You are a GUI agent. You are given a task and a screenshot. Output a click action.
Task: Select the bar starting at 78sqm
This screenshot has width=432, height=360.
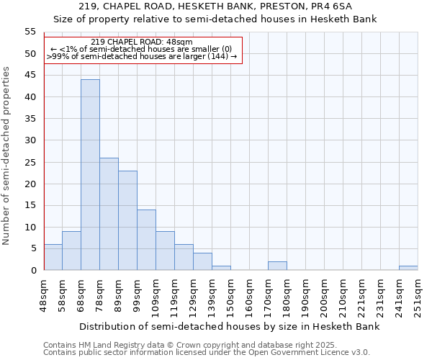pos(109,214)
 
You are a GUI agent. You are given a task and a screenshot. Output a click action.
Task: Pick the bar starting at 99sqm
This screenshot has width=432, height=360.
pos(146,240)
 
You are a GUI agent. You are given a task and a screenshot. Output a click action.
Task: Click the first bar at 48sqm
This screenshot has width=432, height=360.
pos(53,257)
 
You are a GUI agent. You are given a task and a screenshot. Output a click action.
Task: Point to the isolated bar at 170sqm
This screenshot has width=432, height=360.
pos(277,266)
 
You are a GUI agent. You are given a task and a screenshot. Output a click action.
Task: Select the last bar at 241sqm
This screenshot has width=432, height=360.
pos(408,268)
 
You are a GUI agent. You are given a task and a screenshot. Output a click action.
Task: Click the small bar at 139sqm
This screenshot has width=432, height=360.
pos(221,268)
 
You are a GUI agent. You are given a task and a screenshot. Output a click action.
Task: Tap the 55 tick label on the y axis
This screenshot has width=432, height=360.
pos(30,32)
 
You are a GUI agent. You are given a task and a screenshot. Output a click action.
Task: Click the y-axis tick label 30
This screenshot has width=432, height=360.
pos(30,140)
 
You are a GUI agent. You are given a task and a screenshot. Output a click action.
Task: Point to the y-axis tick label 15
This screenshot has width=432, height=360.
pos(30,205)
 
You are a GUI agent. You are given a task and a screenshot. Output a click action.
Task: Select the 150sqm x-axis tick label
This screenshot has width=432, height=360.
pos(230,294)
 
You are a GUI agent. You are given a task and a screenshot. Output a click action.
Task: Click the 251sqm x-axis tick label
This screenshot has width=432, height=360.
pos(418,294)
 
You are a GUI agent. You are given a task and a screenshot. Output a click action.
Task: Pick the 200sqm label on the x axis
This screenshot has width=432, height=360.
pos(324,294)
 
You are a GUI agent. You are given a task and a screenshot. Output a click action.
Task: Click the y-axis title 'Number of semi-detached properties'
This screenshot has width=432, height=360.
pos(7,156)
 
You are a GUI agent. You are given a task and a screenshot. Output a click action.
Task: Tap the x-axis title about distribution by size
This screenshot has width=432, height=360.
pos(229,326)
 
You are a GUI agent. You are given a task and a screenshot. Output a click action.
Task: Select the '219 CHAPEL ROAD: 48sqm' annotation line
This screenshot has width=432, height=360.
pos(142,42)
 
